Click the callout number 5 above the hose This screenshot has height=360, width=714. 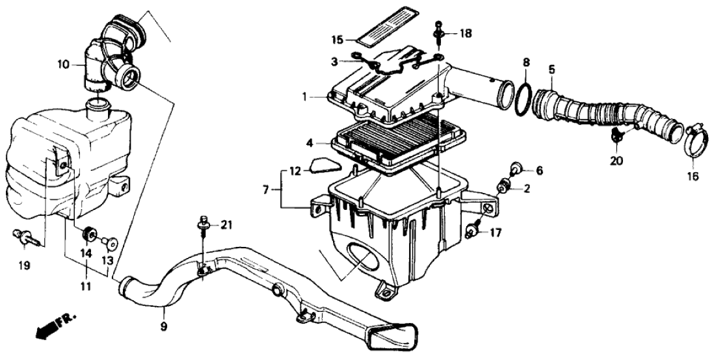[551, 68]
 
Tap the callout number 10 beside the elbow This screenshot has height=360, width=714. [62, 64]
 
